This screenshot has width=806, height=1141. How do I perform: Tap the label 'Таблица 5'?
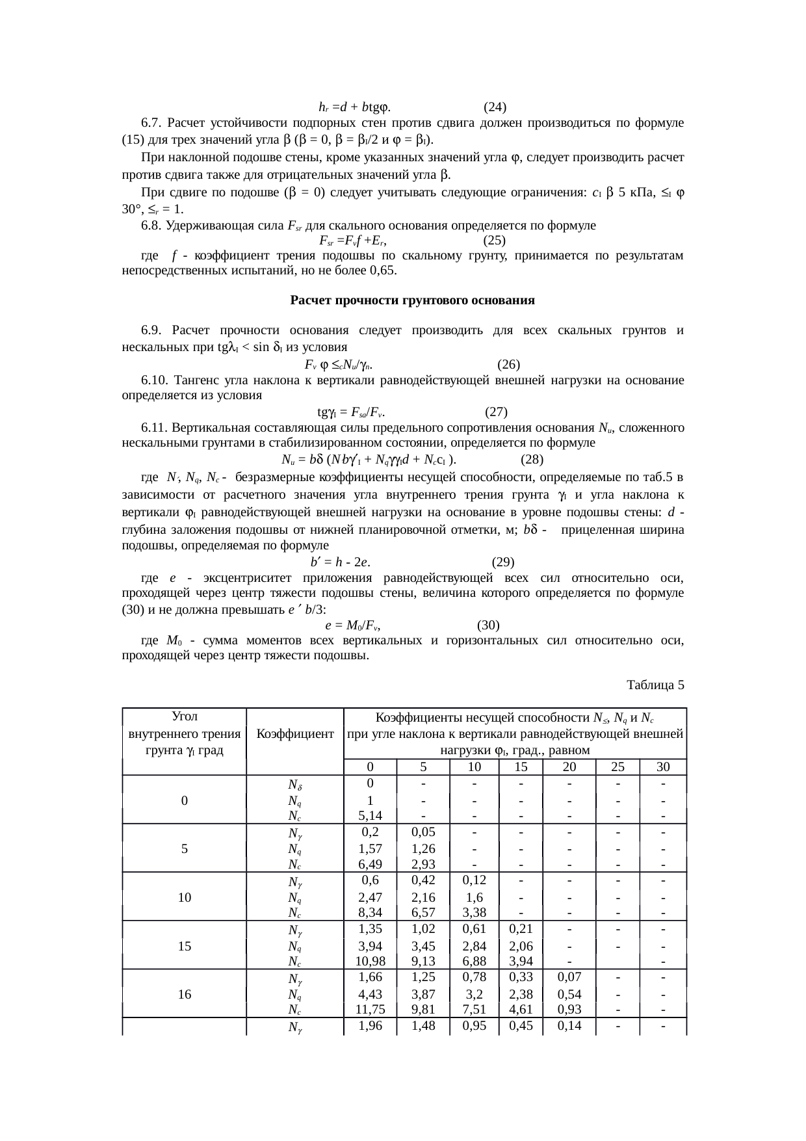point(655,685)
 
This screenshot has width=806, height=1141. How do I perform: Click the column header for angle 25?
point(617,767)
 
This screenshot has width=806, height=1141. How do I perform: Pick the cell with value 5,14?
point(369,815)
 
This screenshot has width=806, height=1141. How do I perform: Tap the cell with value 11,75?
point(369,1010)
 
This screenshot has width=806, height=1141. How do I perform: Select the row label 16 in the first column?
point(185,994)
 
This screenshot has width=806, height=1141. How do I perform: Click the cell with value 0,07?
point(569,977)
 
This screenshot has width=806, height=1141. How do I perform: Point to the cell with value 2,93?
point(422,864)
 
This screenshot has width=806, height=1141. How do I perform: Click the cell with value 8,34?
point(369,913)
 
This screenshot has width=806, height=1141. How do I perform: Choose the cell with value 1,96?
point(369,1026)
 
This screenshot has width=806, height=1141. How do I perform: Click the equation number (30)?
point(488,625)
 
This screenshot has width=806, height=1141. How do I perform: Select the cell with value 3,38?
point(474,913)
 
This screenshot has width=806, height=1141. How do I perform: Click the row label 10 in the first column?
point(185,897)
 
